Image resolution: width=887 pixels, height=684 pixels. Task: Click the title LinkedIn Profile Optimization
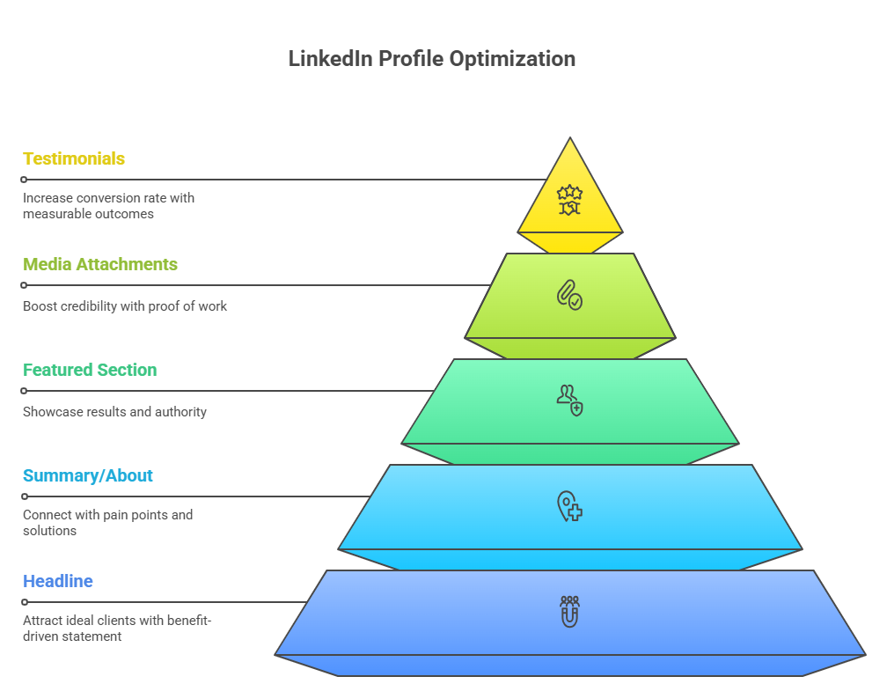coord(432,59)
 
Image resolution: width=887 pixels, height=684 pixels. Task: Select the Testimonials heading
coord(74,158)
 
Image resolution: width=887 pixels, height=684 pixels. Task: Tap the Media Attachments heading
coord(100,264)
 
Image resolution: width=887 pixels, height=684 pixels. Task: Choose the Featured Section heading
coord(90,370)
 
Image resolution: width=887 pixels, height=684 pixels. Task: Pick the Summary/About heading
coord(88,475)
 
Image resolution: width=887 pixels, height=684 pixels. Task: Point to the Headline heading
coord(58,581)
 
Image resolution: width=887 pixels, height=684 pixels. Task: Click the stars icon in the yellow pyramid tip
coord(570,200)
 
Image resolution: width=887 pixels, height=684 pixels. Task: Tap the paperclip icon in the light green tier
coord(569,294)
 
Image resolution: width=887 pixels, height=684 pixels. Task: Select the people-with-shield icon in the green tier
coord(569,400)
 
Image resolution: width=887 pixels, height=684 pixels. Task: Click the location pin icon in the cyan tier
coord(569,506)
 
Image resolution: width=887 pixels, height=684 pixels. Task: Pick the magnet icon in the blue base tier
coord(569,611)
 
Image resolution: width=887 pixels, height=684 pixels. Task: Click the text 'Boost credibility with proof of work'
coord(125,306)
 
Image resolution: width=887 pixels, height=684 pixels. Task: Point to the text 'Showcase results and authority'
coord(114,412)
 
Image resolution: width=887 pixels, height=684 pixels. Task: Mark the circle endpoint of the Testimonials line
coord(24,180)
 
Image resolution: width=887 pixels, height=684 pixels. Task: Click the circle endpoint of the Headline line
coord(24,602)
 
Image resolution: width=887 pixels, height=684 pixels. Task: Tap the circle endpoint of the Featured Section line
coord(24,391)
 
